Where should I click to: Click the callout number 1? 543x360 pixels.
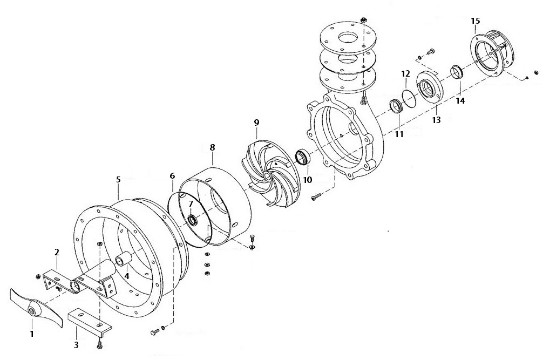click(32, 335)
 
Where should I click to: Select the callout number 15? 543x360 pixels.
click(475, 21)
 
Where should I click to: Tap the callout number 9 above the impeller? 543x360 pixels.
click(256, 123)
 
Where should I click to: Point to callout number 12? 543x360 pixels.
click(406, 73)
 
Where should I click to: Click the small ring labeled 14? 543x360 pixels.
click(458, 71)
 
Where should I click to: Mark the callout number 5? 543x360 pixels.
click(118, 179)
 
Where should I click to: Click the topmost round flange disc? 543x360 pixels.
click(345, 37)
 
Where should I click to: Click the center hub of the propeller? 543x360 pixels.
click(33, 310)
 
